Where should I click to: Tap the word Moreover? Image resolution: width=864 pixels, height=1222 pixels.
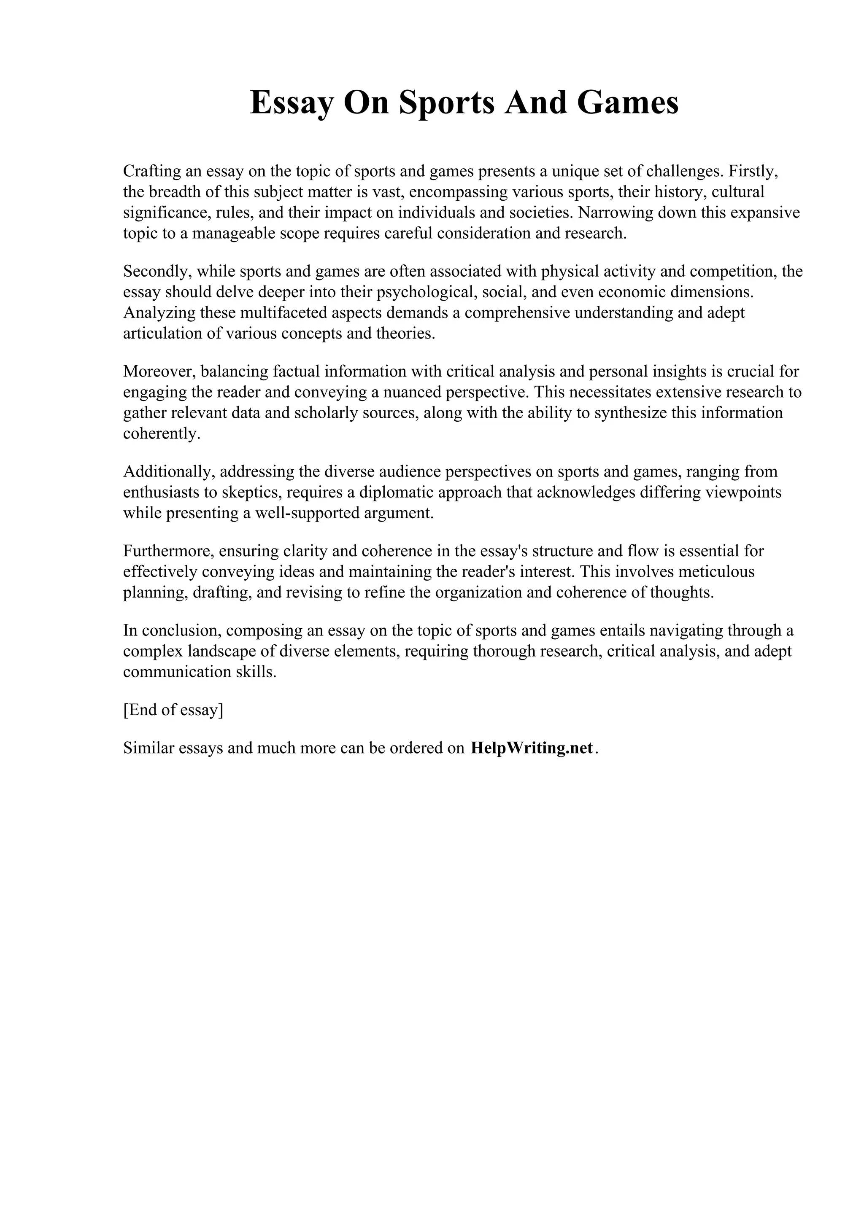159,371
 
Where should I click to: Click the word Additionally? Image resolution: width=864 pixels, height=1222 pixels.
169,471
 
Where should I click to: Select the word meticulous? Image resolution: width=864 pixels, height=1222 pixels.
714,572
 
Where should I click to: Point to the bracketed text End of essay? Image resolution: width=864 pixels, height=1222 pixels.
173,711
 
